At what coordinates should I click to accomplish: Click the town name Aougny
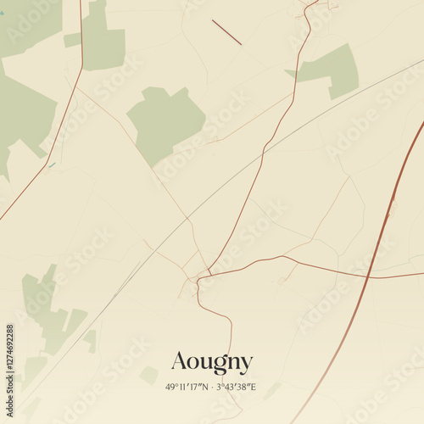click(212, 363)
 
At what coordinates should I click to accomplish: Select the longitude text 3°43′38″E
click(235, 387)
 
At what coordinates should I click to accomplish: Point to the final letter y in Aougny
click(245, 365)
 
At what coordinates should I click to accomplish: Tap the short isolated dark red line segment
click(226, 32)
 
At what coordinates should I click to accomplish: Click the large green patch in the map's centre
click(165, 123)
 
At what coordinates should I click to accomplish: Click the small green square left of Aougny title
click(149, 374)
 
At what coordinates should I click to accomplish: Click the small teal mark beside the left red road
click(52, 165)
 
